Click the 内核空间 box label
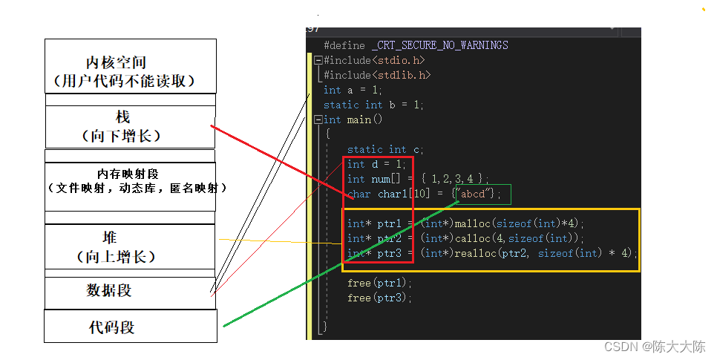pos(116,62)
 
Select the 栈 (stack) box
pos(131,127)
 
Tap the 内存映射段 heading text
pos(128,174)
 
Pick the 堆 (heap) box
pos(130,246)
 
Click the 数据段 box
pos(130,292)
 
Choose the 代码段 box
pos(131,326)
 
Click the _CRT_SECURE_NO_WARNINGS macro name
pos(440,45)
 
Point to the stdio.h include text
pos(399,60)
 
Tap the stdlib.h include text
pos(402,74)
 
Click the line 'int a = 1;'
pos(353,90)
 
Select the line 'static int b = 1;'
pos(373,105)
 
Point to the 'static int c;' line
pos(385,150)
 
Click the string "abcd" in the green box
pos(473,194)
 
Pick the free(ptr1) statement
pos(379,283)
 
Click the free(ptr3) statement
pos(379,298)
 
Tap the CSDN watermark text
pos(655,347)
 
